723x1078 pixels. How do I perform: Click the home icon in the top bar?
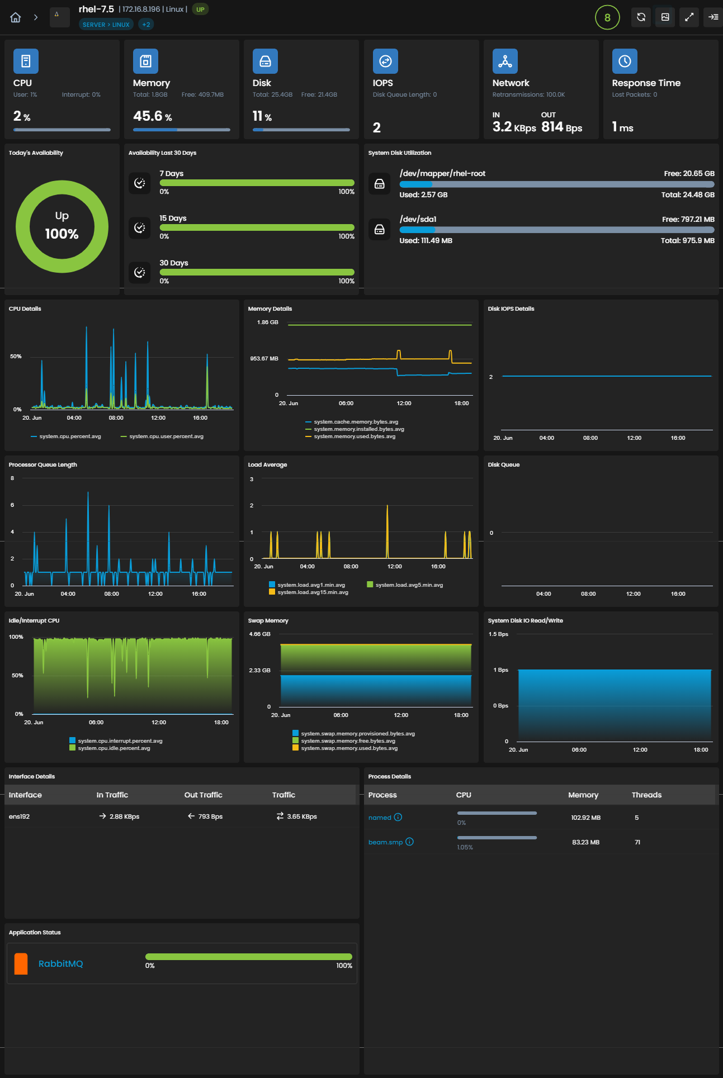coord(16,17)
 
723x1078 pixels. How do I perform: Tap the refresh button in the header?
coord(641,17)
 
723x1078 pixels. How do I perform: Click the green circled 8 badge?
coord(607,17)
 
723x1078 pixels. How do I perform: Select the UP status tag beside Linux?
coord(200,10)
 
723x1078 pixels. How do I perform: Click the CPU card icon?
coord(26,61)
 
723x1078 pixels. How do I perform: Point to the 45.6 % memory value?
coord(153,116)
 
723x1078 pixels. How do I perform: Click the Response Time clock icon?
coord(625,61)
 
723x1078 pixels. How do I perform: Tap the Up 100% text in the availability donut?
coord(62,226)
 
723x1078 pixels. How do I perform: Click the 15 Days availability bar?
coord(257,227)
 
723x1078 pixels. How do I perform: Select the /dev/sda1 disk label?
coord(418,219)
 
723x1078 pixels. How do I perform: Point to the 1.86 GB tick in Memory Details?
coord(267,322)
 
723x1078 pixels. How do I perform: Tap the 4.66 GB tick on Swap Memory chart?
coord(259,634)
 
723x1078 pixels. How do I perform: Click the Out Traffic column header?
coord(204,795)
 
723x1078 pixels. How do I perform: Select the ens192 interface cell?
coord(20,816)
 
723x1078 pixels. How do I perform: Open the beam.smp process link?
coord(385,842)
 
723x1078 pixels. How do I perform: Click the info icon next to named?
coord(398,817)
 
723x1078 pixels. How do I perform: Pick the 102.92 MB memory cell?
coord(586,818)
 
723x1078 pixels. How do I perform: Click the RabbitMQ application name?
coord(60,963)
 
